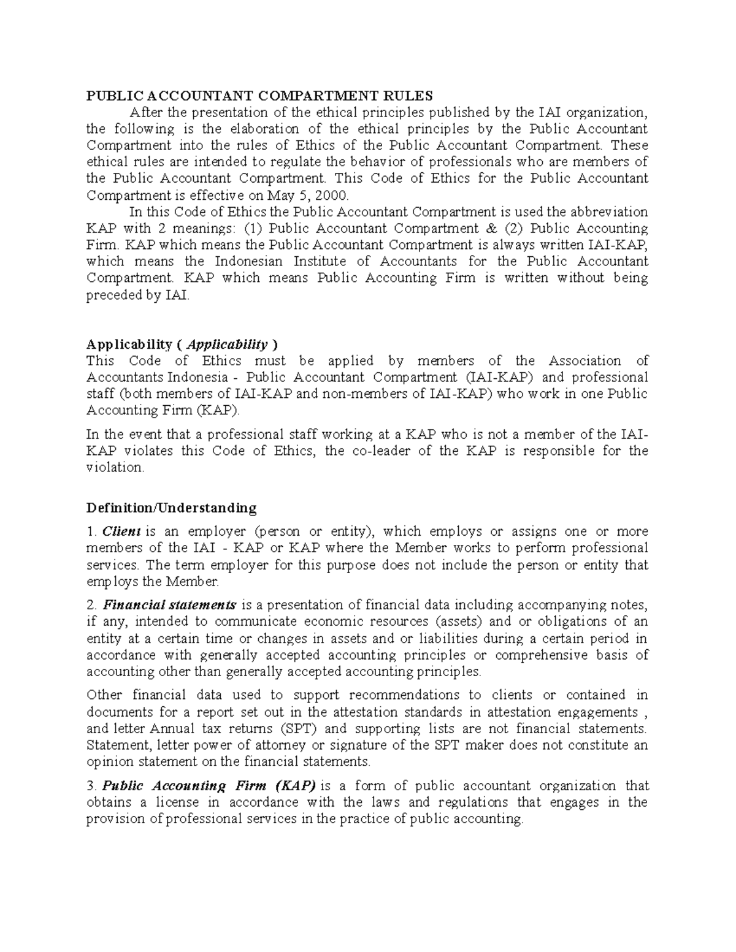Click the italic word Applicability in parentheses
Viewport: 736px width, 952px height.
point(228,344)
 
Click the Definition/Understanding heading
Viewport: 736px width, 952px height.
point(171,508)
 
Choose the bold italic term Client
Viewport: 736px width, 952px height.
point(121,531)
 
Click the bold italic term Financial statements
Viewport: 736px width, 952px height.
point(169,605)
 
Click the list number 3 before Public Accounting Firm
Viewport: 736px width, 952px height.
point(91,786)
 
